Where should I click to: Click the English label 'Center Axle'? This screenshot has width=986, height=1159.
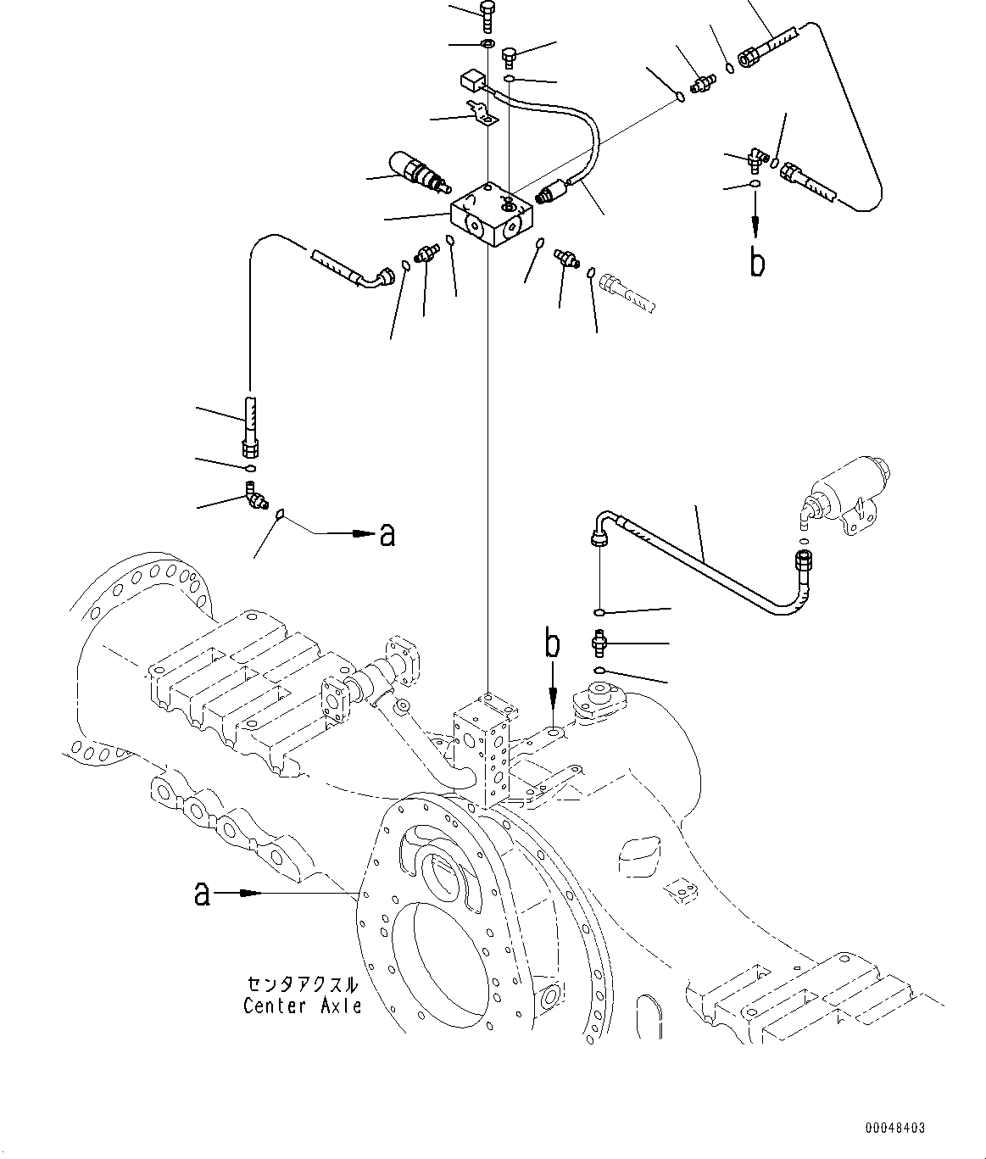click(302, 1006)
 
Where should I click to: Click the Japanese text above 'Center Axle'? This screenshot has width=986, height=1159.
click(302, 985)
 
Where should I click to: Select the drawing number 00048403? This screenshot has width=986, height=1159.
click(895, 1128)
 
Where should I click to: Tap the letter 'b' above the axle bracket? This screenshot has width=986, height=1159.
click(552, 645)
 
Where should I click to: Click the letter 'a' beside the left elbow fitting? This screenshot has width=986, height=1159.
click(387, 534)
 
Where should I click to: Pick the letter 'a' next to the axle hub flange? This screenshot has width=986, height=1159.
click(202, 893)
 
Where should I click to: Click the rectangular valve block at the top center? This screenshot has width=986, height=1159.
click(493, 215)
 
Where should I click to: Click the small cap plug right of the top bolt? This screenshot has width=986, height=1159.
click(509, 57)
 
